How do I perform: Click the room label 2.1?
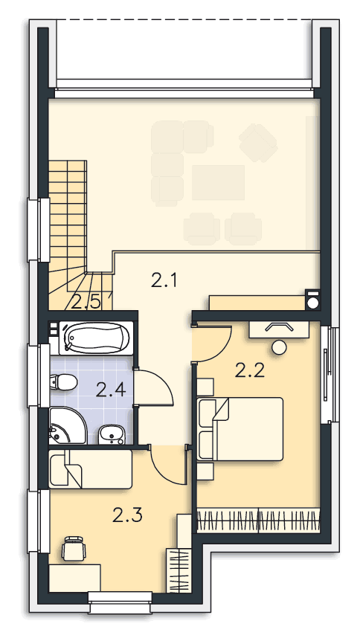[x=164, y=281]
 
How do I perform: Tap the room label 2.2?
[x=250, y=370]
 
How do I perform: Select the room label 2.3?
[x=128, y=515]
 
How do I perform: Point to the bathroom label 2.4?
[x=110, y=390]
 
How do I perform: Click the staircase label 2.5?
[x=86, y=303]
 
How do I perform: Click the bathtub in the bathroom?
[x=97, y=338]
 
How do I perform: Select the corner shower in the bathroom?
[x=67, y=425]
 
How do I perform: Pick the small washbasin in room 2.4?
[x=112, y=434]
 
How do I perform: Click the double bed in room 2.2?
[x=240, y=429]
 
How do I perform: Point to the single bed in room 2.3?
[x=91, y=469]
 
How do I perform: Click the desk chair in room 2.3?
[x=74, y=548]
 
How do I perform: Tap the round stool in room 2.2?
[x=280, y=347]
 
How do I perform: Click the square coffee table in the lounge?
[x=218, y=182]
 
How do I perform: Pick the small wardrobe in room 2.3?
[x=179, y=571]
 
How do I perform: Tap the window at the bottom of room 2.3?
[x=120, y=602]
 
